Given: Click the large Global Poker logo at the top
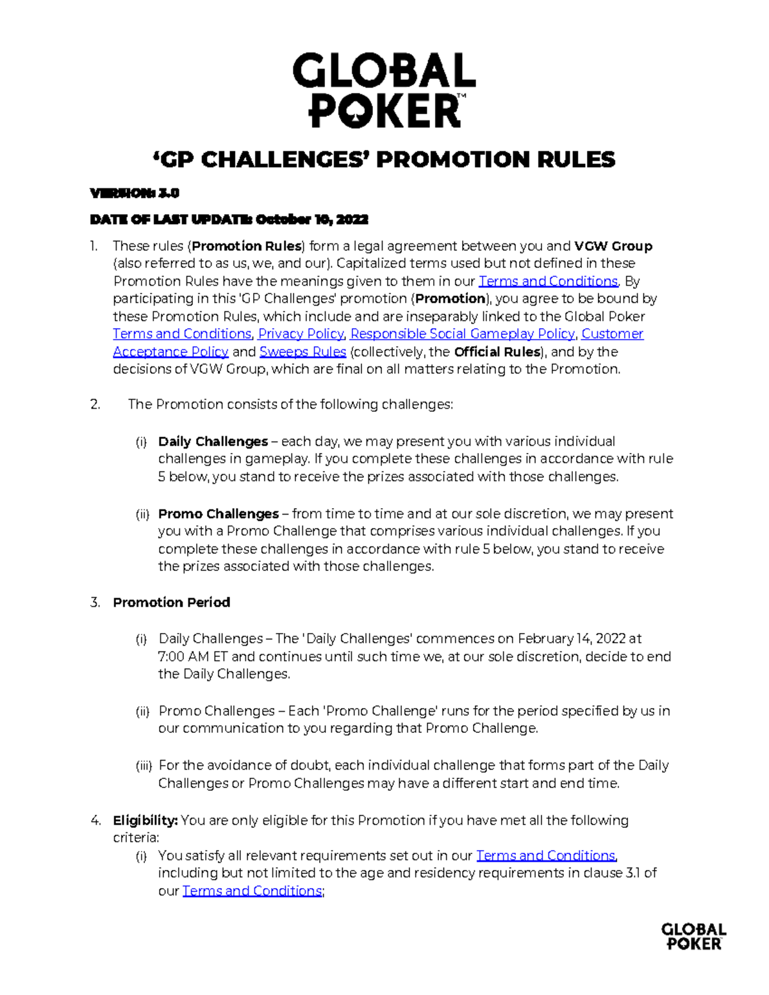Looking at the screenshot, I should click(x=384, y=90).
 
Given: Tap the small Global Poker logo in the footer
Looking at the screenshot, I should click(x=693, y=936).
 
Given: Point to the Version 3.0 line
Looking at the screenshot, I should click(x=135, y=193).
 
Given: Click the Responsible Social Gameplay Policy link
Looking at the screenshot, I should click(x=462, y=334).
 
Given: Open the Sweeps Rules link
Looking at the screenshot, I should click(x=302, y=352).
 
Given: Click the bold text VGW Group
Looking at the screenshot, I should click(x=613, y=246).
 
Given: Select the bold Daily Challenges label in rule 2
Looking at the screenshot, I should click(x=213, y=441).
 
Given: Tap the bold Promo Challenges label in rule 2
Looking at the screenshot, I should click(x=218, y=514).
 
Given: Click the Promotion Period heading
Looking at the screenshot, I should click(x=171, y=602).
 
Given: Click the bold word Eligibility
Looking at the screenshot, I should click(x=145, y=820).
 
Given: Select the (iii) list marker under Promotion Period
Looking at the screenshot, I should click(x=144, y=766).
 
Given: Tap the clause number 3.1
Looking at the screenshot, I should click(x=633, y=873).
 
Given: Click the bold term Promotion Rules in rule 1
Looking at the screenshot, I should click(x=247, y=246).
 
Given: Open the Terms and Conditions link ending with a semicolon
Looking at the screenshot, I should click(x=252, y=891).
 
